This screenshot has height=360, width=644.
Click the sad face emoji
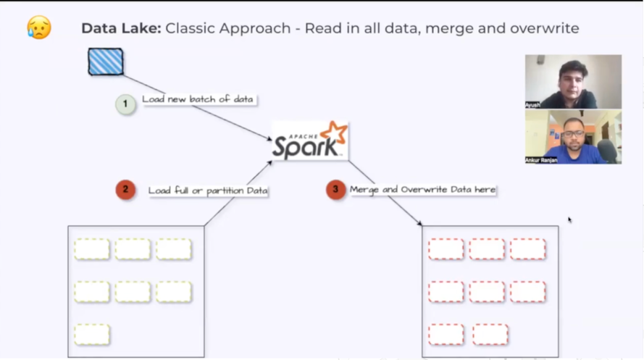pyautogui.click(x=38, y=28)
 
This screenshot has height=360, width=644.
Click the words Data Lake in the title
pyautogui.click(x=120, y=28)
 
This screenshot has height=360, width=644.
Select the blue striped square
pyautogui.click(x=106, y=62)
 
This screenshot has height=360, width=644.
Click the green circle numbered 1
pyautogui.click(x=125, y=104)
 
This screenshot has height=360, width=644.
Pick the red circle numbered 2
pyautogui.click(x=125, y=190)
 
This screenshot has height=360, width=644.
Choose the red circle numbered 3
pyautogui.click(x=335, y=190)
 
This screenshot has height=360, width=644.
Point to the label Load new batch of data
pyautogui.click(x=198, y=99)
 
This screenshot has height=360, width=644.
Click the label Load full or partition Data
pyautogui.click(x=208, y=191)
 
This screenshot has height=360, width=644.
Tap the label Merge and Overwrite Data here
pyautogui.click(x=422, y=190)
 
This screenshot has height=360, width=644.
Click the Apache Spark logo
pyautogui.click(x=309, y=141)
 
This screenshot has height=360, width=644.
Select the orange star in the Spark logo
pyautogui.click(x=335, y=135)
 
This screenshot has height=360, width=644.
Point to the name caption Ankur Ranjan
pyautogui.click(x=541, y=160)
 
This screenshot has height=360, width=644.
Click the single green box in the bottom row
pyautogui.click(x=92, y=335)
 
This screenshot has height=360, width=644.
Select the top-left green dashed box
pyautogui.click(x=92, y=249)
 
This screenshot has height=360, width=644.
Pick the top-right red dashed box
pyautogui.click(x=527, y=249)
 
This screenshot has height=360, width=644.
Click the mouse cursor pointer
pyautogui.click(x=569, y=219)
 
